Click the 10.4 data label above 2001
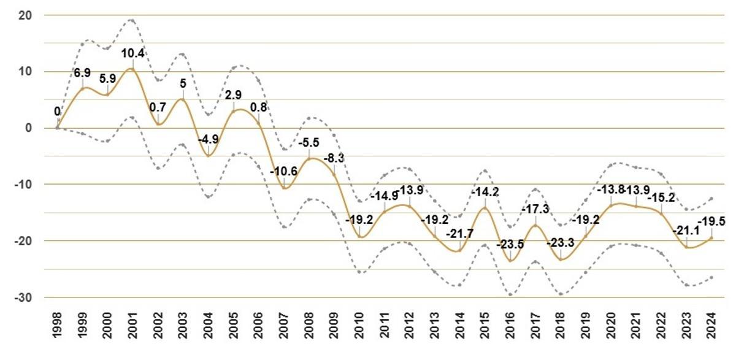tap(132, 54)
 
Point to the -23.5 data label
tap(510, 244)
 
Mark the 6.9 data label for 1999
tap(82, 73)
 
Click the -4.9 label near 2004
tap(209, 139)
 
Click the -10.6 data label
tap(283, 171)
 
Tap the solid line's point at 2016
tap(510, 261)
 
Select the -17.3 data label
tap(535, 209)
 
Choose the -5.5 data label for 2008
tap(309, 142)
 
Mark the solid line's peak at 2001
tap(132, 69)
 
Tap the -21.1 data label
tap(686, 231)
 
